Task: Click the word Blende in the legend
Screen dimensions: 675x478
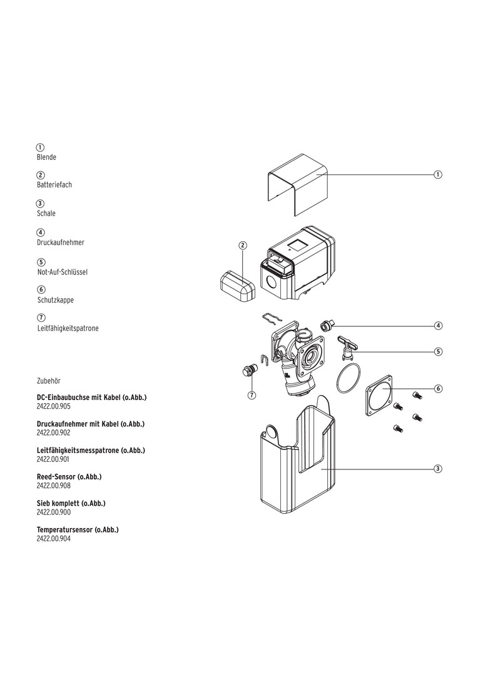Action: [x=46, y=157]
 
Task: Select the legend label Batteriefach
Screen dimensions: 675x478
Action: [x=54, y=185]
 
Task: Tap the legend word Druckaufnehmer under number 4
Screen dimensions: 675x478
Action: [x=60, y=242]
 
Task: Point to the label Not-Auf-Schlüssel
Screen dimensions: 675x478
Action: [x=62, y=272]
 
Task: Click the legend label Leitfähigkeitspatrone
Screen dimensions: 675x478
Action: [x=68, y=328]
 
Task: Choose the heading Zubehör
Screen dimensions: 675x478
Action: [x=49, y=380]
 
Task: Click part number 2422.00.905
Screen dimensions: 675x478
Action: [x=54, y=406]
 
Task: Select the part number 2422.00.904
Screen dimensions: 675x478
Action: [x=54, y=538]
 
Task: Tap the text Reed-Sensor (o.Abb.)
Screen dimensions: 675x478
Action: [x=69, y=477]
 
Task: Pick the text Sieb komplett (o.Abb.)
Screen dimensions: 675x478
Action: [x=71, y=503]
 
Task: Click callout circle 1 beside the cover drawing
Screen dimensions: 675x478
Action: [x=438, y=174]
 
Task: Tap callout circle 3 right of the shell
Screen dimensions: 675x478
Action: [x=438, y=469]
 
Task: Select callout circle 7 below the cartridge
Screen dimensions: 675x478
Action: [x=252, y=395]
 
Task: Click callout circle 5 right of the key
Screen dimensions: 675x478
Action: [x=438, y=351]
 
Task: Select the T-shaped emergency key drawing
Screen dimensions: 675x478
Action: [x=346, y=345]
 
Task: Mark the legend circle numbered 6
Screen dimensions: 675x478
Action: [x=41, y=290]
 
